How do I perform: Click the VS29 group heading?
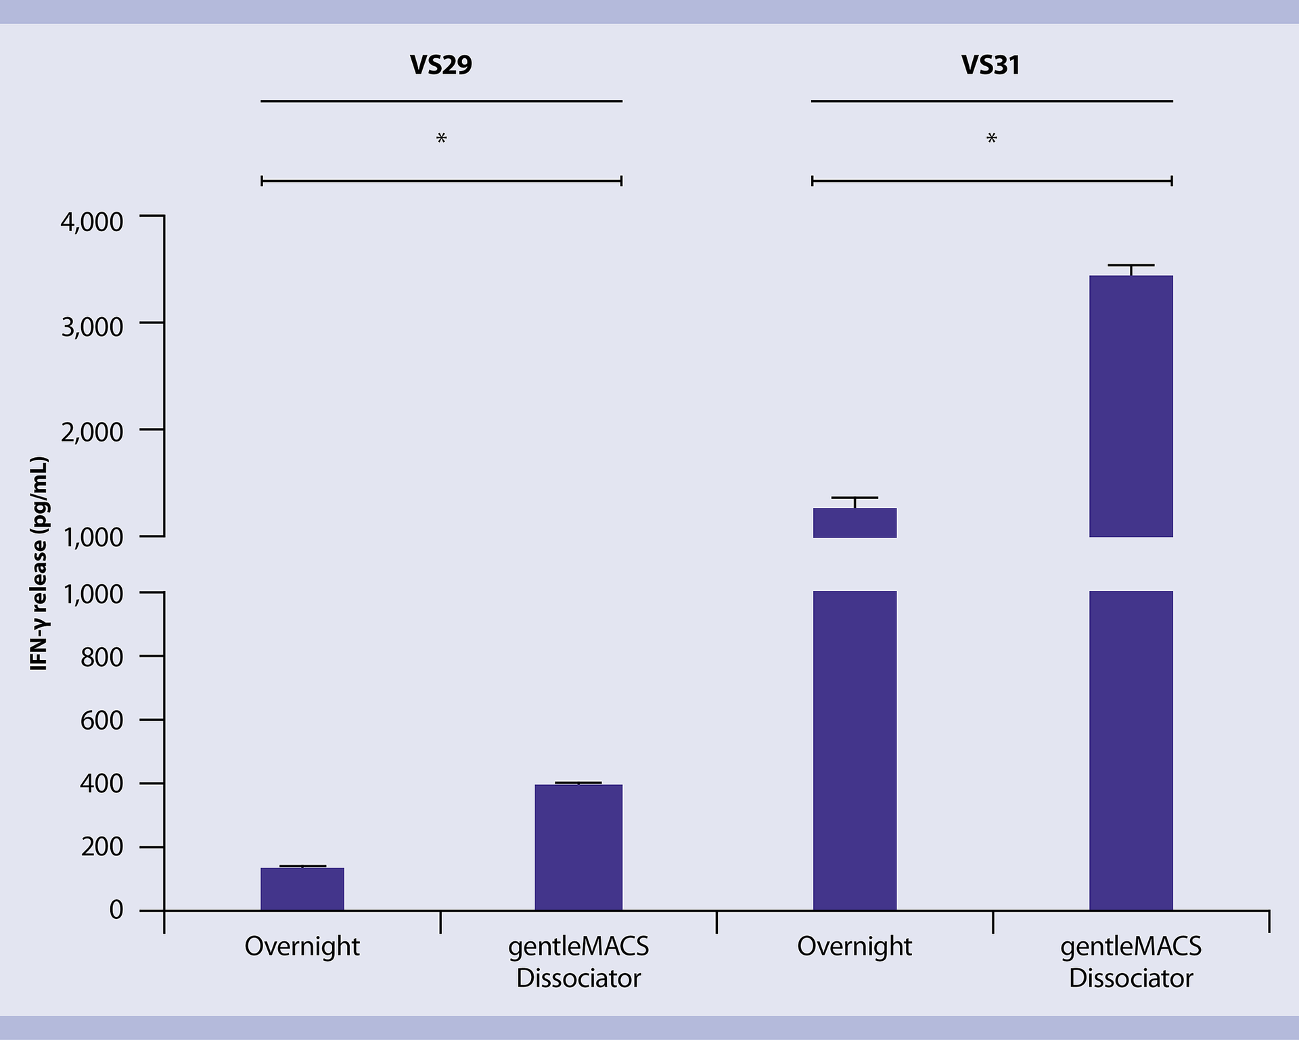440,65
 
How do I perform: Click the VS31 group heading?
990,65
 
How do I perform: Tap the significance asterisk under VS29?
441,139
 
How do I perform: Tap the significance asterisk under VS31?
991,139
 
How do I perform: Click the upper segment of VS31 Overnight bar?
854,523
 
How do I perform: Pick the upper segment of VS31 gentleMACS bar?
1131,406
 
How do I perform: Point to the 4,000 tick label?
92,222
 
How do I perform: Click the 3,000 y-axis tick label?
92,327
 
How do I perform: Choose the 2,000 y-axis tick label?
92,432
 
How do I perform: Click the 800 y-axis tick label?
101,657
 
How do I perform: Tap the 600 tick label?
101,720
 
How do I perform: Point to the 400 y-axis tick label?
101,784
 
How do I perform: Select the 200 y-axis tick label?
101,847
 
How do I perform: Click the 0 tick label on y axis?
116,909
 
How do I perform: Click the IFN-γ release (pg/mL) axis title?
39,563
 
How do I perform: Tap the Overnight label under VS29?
302,946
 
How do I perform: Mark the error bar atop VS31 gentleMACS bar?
1131,270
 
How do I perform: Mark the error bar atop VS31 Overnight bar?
854,502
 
